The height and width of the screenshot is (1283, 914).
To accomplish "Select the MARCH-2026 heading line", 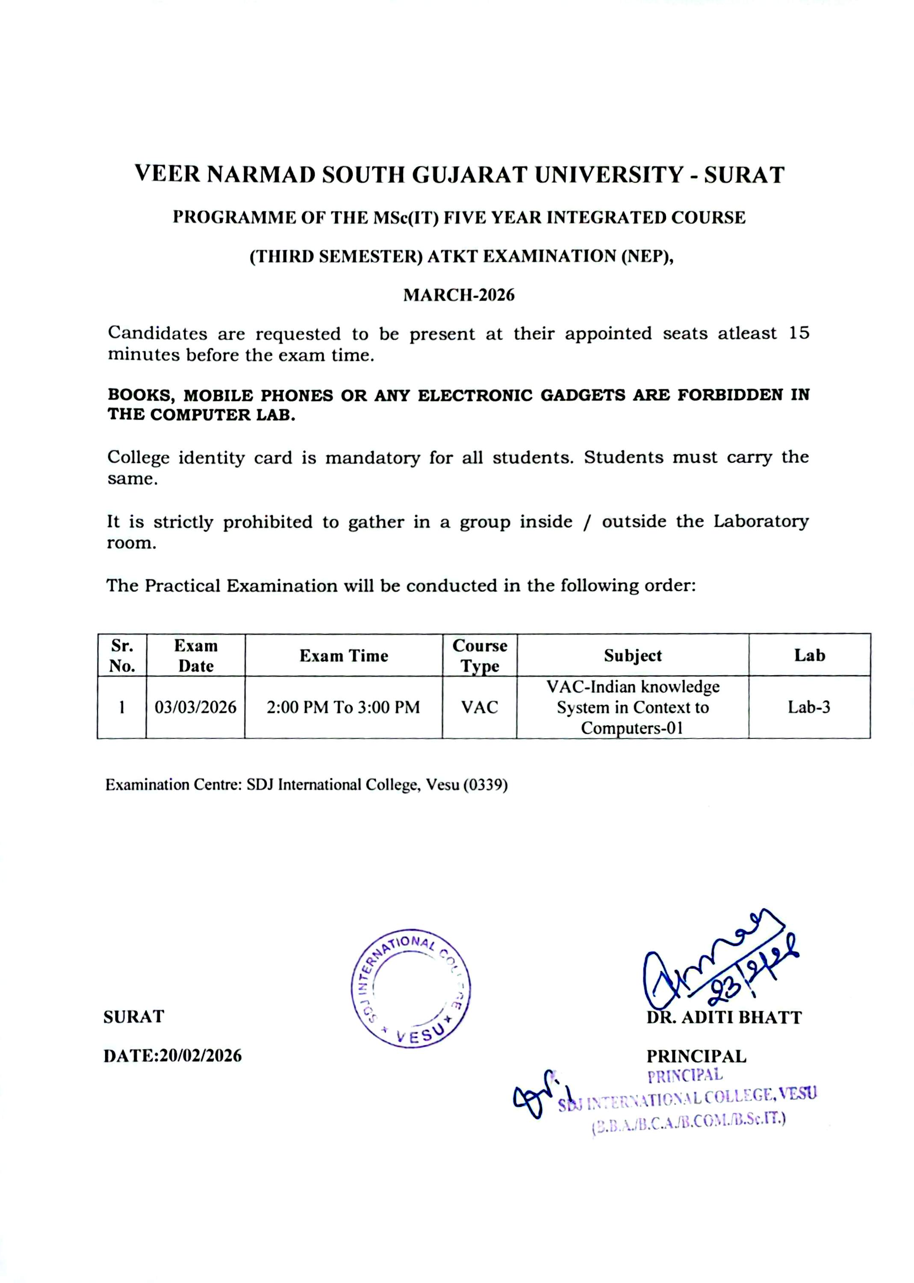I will pos(459,295).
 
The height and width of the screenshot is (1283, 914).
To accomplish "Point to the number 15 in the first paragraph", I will pos(799,333).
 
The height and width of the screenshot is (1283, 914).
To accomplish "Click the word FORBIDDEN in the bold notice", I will pos(729,395).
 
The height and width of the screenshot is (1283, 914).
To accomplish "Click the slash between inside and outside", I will pos(587,522).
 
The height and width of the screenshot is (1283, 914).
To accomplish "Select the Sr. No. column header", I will pos(122,655).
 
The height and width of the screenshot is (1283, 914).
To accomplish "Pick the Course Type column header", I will pos(480,655).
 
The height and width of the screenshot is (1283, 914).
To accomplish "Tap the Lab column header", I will pos(809,655).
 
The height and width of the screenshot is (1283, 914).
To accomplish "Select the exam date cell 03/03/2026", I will pos(195,707).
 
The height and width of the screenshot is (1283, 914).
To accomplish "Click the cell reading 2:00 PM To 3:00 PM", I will pos(343,707).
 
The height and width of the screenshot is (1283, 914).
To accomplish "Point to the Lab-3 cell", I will pos(809,707).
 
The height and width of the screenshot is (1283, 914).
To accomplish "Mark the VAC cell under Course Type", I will pos(480,707).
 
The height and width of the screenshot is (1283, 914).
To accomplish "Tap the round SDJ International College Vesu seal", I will pos(411,988).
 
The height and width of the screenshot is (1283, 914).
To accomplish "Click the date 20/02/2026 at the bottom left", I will pos(200,1055).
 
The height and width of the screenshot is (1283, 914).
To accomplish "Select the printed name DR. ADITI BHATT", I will pos(724,1017).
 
